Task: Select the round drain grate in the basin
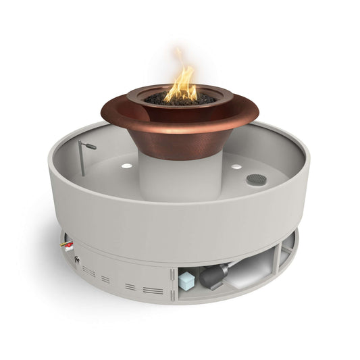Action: pos(257,179)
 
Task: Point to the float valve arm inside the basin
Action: pos(88,145)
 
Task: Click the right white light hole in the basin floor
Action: pos(236,165)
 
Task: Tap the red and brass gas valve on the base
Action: pos(68,246)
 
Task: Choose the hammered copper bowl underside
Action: pos(177,138)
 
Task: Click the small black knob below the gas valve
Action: pos(77,259)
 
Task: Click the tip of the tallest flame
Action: pos(180,51)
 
